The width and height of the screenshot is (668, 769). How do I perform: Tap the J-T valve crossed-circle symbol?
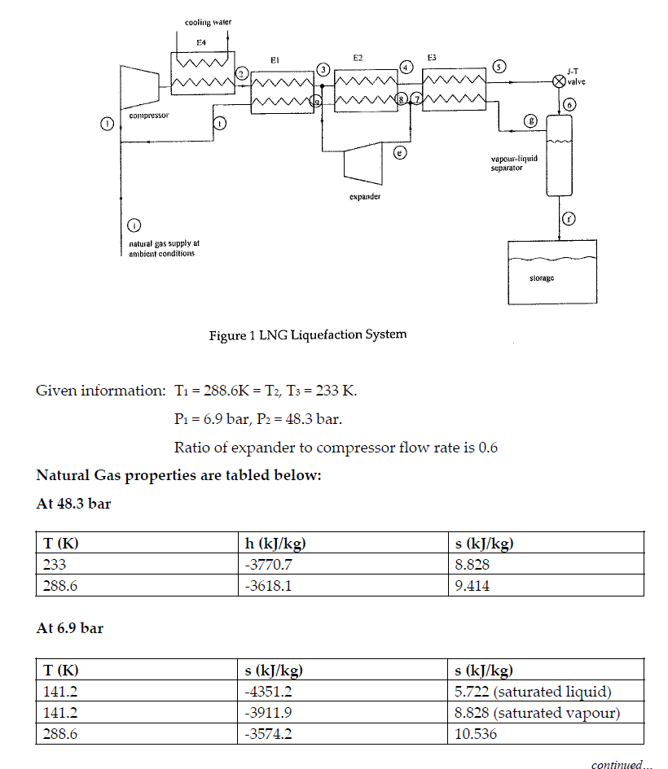click(559, 81)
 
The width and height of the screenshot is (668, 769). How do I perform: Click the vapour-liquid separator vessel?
click(559, 155)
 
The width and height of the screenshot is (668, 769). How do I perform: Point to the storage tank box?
click(552, 273)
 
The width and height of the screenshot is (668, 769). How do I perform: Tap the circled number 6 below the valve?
click(569, 104)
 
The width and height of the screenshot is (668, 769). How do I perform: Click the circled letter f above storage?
click(569, 218)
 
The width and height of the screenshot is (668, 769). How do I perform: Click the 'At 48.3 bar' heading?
click(73, 504)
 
